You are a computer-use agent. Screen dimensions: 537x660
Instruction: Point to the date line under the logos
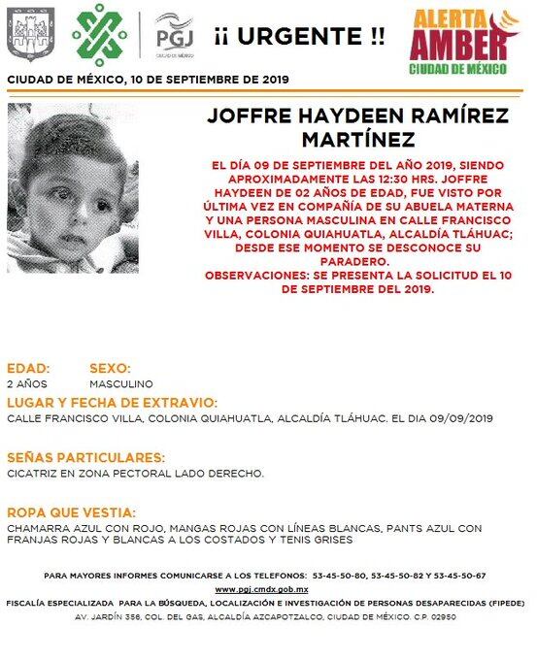point(147,79)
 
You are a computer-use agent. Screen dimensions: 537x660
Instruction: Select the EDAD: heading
point(28,369)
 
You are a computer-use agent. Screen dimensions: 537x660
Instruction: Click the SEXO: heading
point(110,369)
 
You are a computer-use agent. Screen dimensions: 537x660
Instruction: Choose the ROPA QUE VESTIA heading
point(71,511)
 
